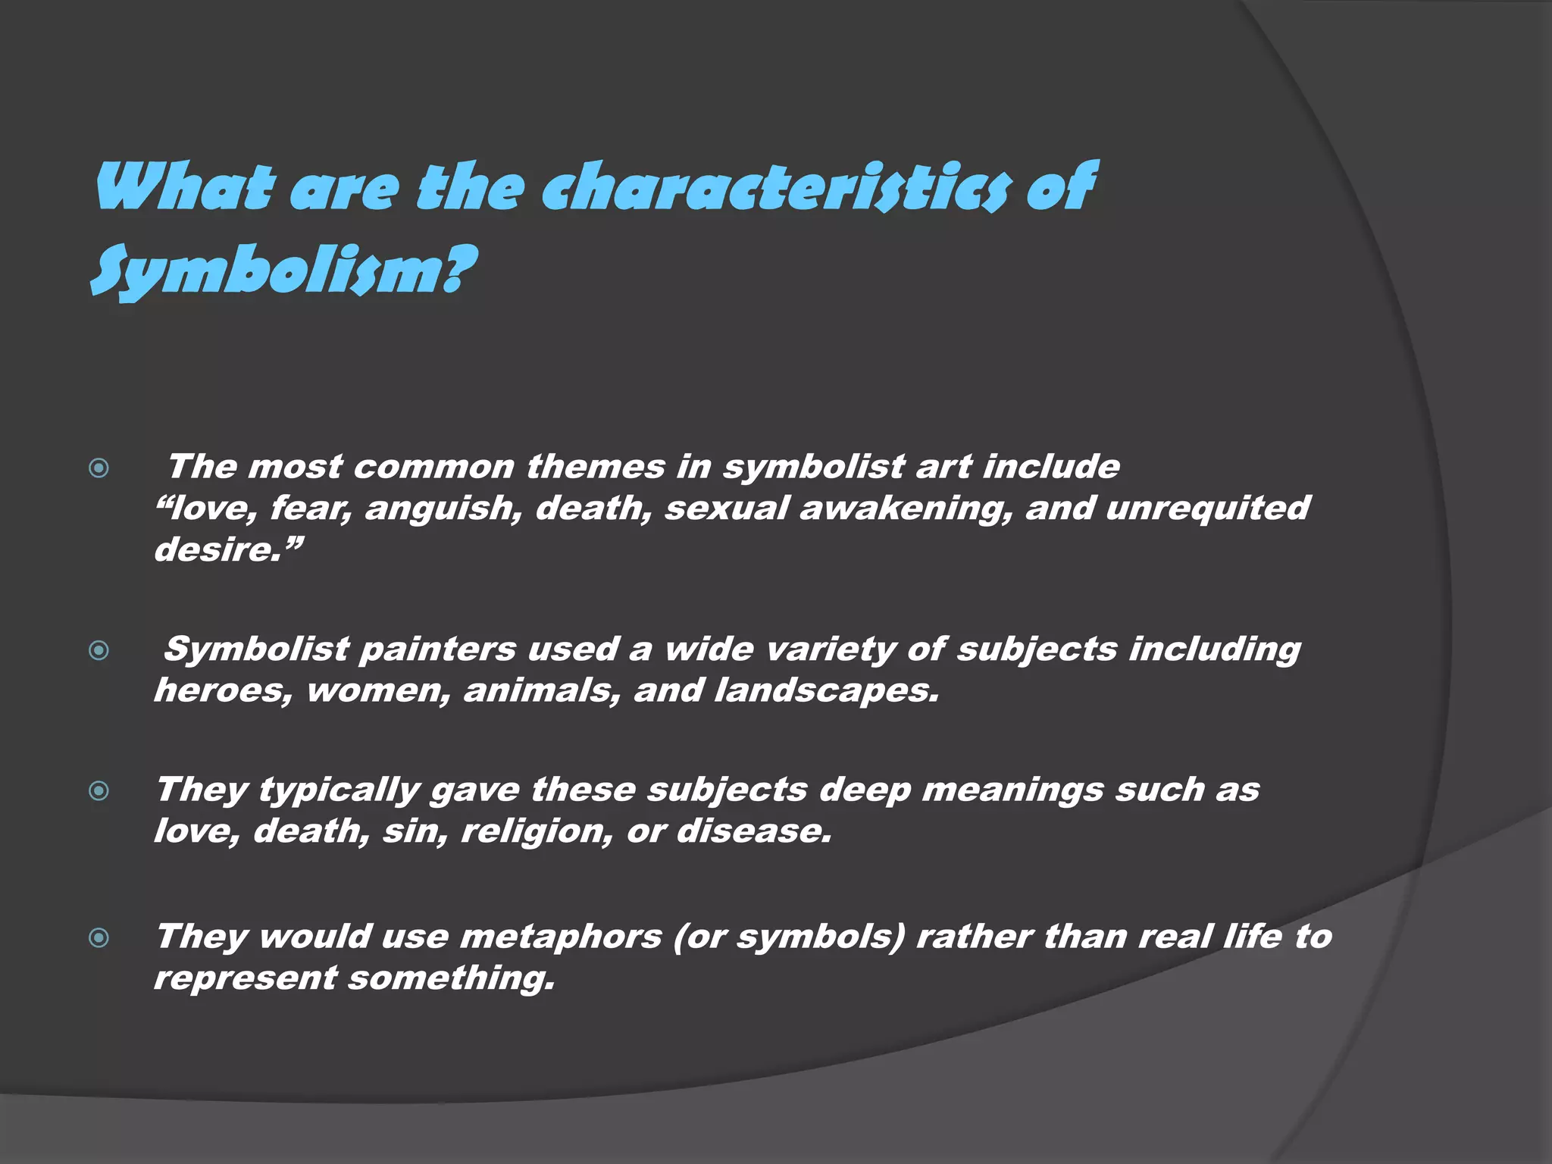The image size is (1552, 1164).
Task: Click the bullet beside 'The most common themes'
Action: (x=99, y=468)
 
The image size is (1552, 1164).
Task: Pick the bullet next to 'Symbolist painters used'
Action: (x=99, y=650)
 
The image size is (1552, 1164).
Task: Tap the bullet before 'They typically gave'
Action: (x=99, y=791)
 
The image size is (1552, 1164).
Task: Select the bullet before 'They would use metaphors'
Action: (x=99, y=938)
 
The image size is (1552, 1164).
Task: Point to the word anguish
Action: (x=443, y=508)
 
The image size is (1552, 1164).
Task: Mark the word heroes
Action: (x=223, y=691)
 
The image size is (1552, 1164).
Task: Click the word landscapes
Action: (x=826, y=691)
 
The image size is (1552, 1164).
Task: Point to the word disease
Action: (x=753, y=832)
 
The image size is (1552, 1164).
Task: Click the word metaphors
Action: (x=561, y=938)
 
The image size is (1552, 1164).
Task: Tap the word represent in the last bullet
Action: (x=245, y=978)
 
